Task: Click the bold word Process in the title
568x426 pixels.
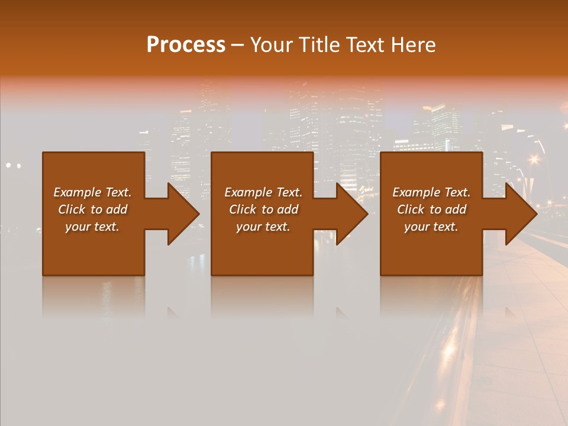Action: click(x=186, y=45)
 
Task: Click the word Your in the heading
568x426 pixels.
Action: click(x=272, y=45)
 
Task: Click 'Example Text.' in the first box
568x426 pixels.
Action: click(x=93, y=192)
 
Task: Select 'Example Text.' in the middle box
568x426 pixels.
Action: click(x=263, y=192)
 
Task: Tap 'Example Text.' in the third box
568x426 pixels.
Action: click(x=431, y=192)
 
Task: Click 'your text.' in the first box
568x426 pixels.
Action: click(x=92, y=227)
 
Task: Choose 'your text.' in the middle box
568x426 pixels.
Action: click(x=263, y=227)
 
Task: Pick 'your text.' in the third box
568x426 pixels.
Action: click(x=431, y=227)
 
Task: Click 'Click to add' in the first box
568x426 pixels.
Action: click(x=93, y=209)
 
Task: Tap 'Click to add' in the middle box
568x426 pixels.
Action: click(x=263, y=209)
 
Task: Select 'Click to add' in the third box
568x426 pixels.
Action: click(x=431, y=209)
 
